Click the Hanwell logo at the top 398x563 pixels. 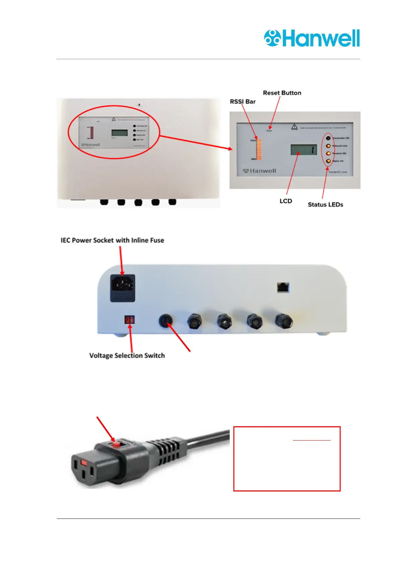point(312,38)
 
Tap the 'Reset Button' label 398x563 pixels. point(282,93)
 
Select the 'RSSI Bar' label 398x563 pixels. point(242,102)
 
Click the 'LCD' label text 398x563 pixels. point(286,201)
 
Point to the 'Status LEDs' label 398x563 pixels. point(325,205)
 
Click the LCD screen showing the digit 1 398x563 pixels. point(304,150)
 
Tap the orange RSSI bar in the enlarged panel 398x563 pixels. point(258,149)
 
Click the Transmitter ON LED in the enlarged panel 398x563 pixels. point(328,138)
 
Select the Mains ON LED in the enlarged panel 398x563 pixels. point(328,161)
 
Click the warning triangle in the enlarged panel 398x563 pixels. point(294,127)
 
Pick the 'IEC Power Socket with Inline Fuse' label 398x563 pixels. point(112,240)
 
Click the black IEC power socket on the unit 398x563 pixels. point(123,288)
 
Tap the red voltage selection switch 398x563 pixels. point(129,320)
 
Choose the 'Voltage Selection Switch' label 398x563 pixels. point(127,355)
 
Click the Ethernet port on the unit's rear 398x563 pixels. point(283,288)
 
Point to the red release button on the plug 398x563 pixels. point(116,445)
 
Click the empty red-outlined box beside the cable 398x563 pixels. point(287,459)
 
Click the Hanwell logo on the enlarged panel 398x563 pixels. point(260,171)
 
